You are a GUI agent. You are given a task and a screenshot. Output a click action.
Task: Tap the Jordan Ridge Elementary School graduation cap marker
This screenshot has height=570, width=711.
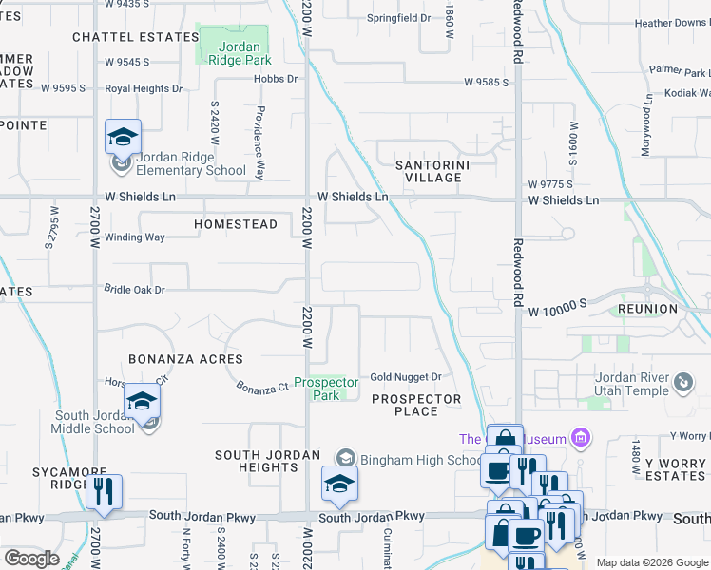pyautogui.click(x=123, y=138)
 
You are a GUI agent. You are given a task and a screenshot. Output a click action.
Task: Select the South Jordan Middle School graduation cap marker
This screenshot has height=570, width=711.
pyautogui.click(x=142, y=402)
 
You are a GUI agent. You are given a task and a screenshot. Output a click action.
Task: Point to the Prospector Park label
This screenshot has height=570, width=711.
pyautogui.click(x=326, y=389)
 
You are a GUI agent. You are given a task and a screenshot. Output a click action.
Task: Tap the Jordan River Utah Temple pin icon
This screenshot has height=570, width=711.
pyautogui.click(x=683, y=383)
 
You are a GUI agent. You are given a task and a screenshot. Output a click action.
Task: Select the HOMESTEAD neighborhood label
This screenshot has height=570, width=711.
pyautogui.click(x=236, y=225)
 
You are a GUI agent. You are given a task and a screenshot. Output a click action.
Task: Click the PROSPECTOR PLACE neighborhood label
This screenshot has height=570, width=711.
pyautogui.click(x=416, y=405)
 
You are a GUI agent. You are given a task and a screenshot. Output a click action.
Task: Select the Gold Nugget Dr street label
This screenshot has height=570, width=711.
pyautogui.click(x=406, y=377)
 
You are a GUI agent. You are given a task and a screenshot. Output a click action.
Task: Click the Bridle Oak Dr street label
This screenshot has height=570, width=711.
pyautogui.click(x=134, y=289)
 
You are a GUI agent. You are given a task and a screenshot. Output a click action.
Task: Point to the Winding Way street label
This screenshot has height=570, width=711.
pyautogui.click(x=134, y=237)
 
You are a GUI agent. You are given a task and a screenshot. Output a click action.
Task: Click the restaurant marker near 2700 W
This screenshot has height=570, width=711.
pyautogui.click(x=104, y=492)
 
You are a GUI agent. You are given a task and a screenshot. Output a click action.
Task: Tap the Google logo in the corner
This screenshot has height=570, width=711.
pyautogui.click(x=31, y=559)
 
